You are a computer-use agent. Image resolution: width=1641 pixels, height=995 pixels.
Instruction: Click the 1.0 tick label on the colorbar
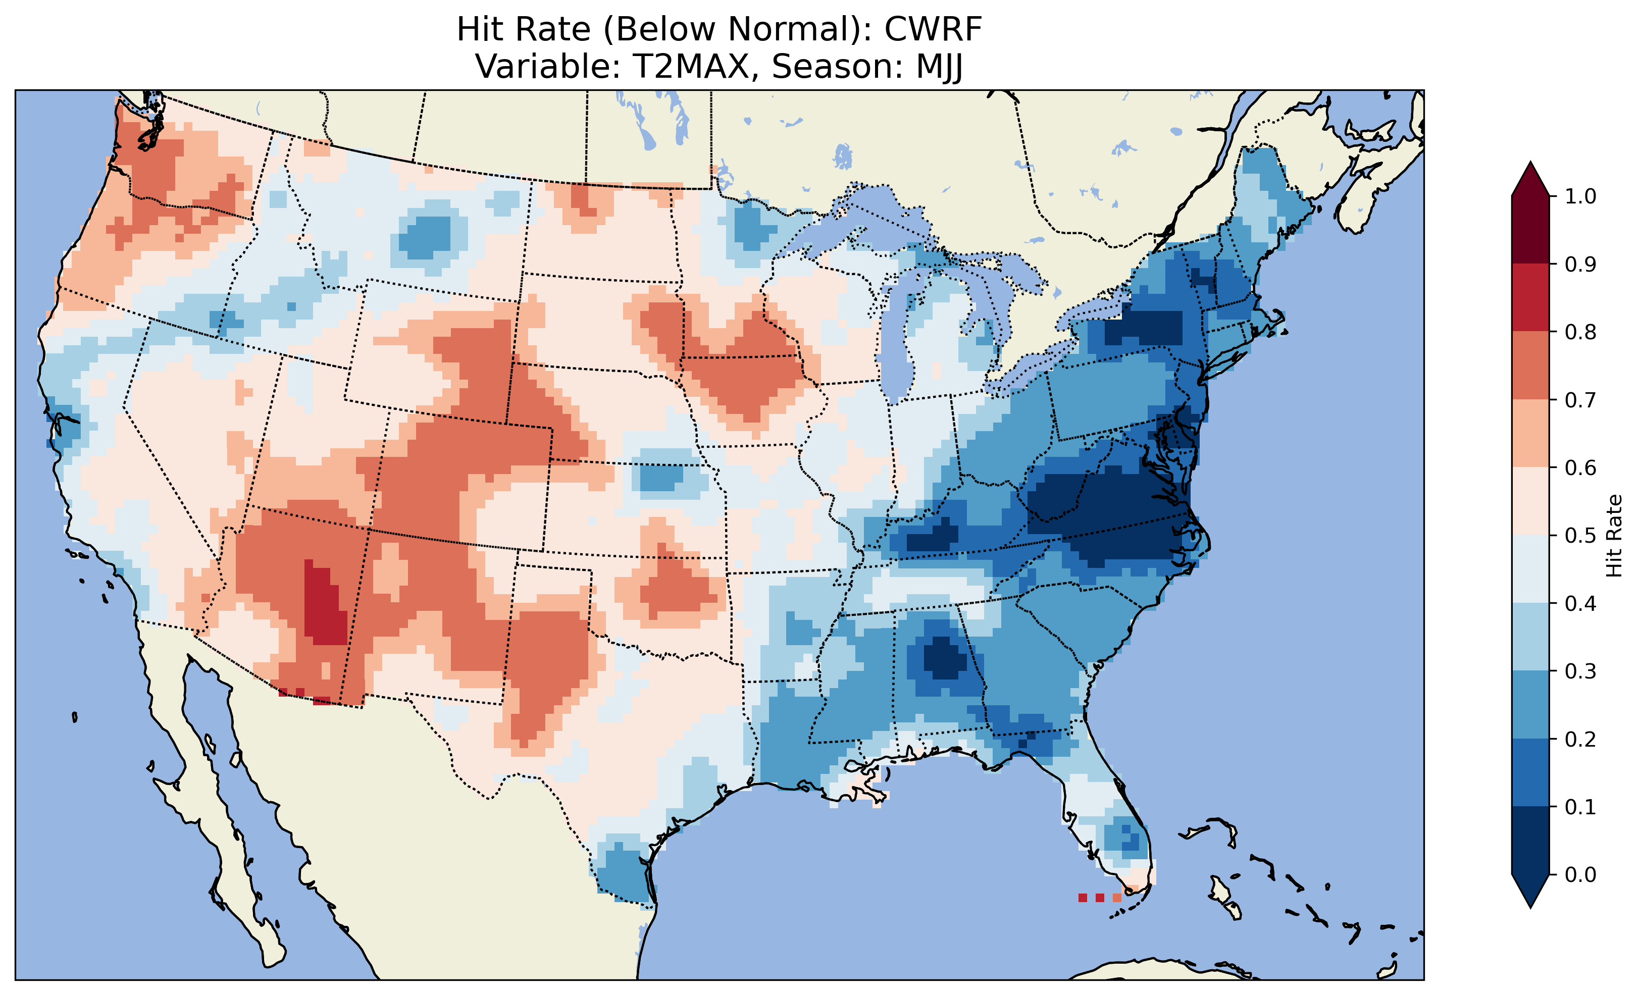(1580, 196)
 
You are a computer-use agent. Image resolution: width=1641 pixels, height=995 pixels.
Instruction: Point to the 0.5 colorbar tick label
(1580, 536)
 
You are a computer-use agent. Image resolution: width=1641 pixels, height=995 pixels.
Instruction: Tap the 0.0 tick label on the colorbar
(1580, 874)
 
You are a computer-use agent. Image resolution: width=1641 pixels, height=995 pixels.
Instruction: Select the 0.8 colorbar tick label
(1580, 332)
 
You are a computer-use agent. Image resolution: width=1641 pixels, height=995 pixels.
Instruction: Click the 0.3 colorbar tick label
(1580, 671)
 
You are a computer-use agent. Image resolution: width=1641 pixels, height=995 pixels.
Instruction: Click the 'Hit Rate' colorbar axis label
(1614, 536)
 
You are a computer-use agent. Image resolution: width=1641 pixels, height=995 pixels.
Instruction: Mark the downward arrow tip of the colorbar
(1530, 906)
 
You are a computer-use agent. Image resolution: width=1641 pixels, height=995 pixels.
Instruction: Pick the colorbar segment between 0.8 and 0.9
(1530, 298)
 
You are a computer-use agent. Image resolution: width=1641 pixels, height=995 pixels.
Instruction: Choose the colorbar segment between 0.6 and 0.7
(1530, 433)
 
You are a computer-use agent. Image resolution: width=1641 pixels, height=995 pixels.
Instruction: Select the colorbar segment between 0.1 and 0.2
(1530, 772)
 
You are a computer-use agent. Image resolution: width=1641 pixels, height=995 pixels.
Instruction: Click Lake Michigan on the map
(896, 340)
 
